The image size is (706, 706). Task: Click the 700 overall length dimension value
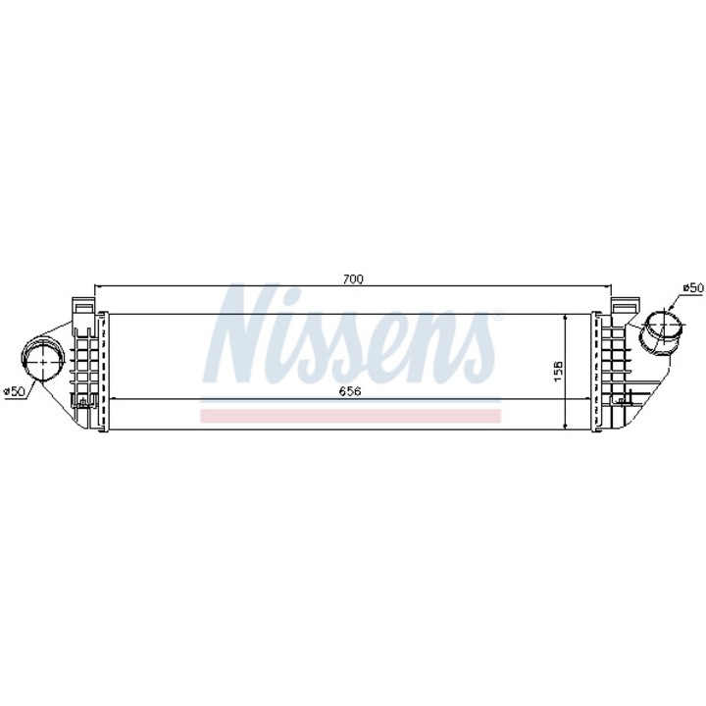point(353,279)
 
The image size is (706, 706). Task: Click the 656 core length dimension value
point(350,390)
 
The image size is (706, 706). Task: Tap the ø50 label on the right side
point(692,287)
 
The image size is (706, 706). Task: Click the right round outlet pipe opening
point(664,326)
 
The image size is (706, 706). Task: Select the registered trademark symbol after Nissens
point(498,317)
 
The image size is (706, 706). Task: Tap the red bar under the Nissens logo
point(350,416)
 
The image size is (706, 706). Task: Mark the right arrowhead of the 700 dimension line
point(613,286)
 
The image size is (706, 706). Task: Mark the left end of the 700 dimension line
point(94,286)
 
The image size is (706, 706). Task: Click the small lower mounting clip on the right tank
point(621,399)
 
